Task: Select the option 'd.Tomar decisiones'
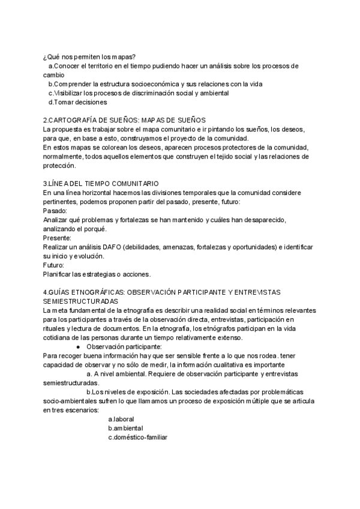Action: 77,102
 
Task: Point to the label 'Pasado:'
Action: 55,211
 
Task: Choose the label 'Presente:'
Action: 58,238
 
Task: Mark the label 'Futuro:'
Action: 55,265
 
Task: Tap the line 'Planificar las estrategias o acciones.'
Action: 97,274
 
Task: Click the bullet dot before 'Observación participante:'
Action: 79,347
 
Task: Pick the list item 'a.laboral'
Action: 121,419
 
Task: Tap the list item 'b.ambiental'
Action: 125,428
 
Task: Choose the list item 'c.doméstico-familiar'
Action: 138,437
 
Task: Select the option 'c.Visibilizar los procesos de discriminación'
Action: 139,93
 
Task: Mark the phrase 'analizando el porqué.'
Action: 75,229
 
